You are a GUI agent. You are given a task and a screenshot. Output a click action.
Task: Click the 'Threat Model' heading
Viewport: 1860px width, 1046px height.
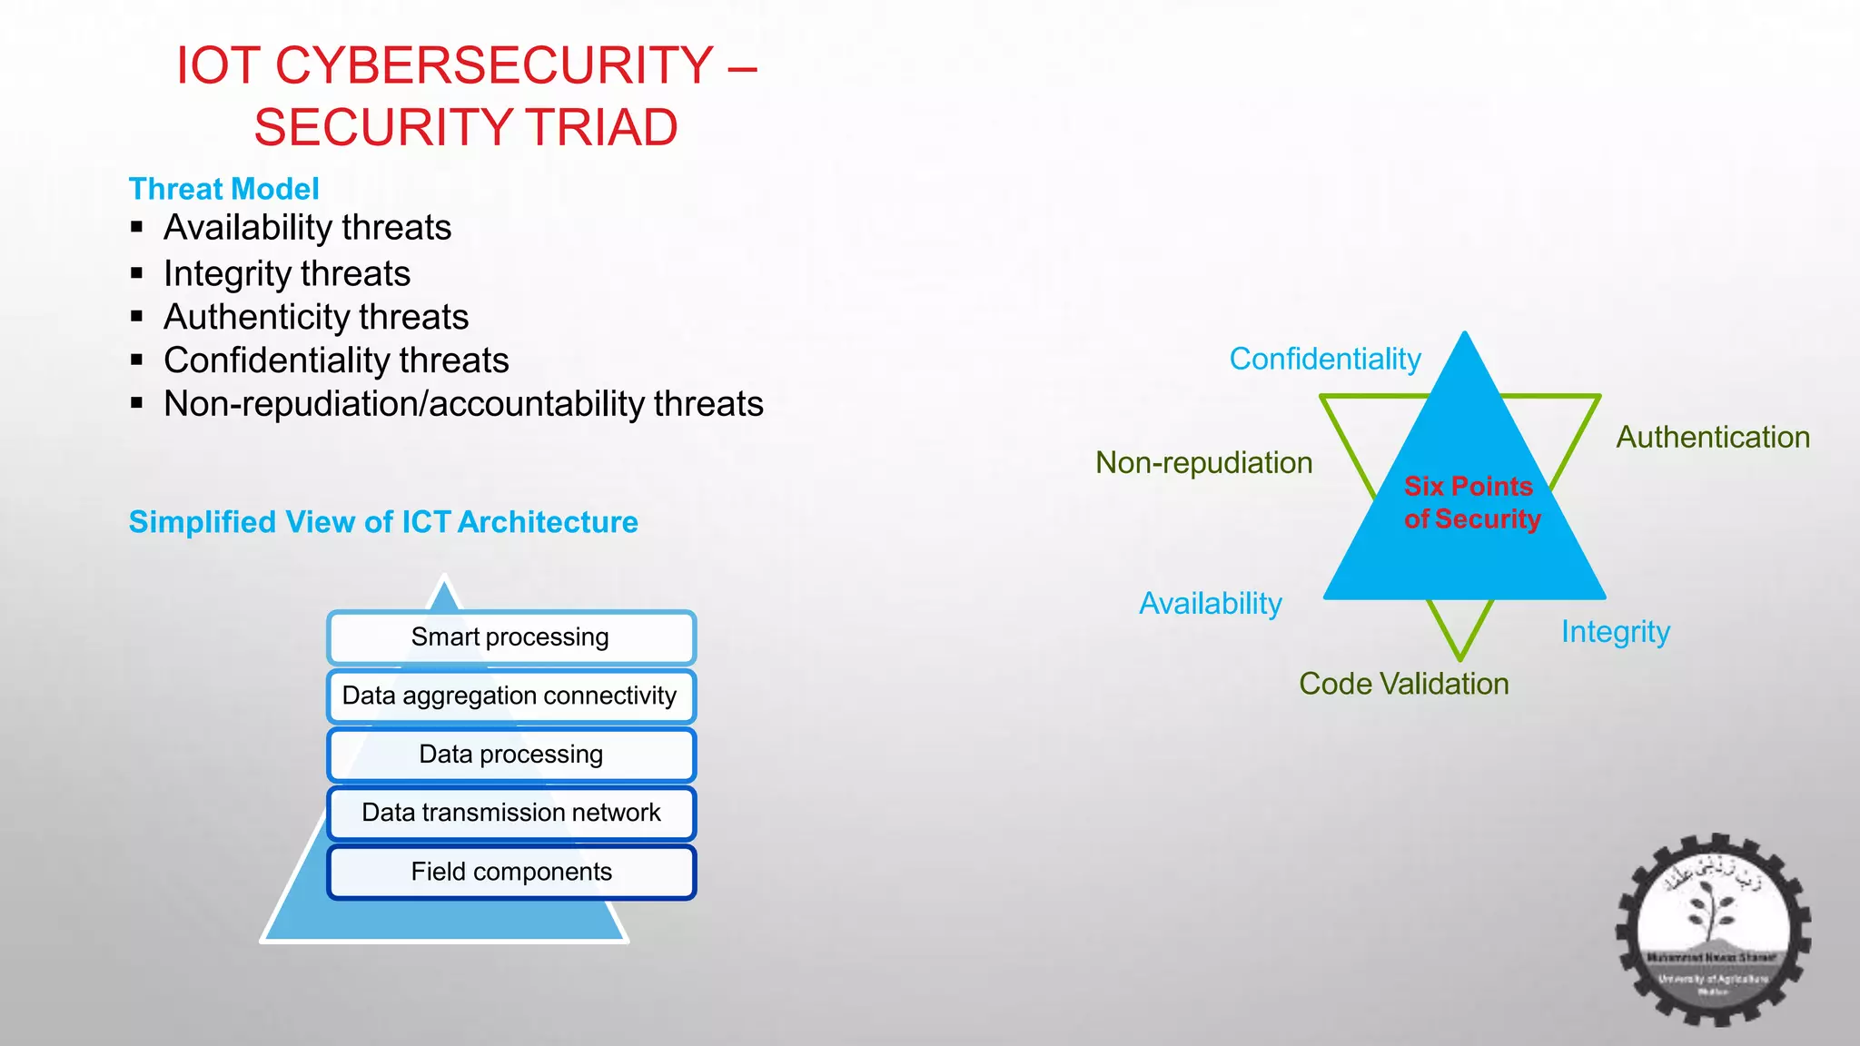click(x=223, y=189)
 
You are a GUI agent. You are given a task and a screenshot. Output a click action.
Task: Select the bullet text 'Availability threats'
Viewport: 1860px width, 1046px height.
click(x=307, y=227)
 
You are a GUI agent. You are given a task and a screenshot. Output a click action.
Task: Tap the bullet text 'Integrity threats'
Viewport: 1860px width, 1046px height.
click(x=287, y=273)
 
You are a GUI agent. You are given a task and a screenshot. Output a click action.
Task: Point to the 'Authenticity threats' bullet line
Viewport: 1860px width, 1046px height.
click(x=316, y=317)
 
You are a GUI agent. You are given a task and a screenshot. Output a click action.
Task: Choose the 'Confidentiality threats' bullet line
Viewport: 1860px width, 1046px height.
click(x=336, y=360)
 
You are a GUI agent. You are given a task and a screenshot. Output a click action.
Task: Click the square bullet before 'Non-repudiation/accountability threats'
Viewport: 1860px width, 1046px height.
click(x=137, y=403)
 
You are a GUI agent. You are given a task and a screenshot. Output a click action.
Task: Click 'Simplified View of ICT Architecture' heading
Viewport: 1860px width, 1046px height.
click(x=382, y=522)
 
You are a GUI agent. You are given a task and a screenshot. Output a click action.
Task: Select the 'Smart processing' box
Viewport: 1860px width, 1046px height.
click(x=510, y=637)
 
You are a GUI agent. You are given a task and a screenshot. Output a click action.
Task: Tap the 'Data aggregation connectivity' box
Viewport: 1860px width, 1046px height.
click(x=510, y=696)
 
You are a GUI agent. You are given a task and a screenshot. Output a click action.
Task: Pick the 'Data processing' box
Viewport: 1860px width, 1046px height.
click(x=510, y=755)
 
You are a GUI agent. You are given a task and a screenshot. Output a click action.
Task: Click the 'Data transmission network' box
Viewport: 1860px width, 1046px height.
click(x=510, y=813)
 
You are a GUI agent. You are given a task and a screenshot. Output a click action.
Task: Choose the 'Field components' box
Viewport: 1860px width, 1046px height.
click(x=510, y=872)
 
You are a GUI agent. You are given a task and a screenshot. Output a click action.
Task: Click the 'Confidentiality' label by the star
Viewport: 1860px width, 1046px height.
click(x=1324, y=360)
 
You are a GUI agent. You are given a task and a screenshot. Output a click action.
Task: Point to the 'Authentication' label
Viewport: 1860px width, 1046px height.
click(x=1712, y=438)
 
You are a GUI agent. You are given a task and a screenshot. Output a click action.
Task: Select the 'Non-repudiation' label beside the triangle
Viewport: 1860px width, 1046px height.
click(x=1203, y=463)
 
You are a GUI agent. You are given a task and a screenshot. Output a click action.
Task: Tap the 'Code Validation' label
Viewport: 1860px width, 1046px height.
click(x=1403, y=684)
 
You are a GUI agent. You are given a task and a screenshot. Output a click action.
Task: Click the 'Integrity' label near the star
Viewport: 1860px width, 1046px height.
click(x=1615, y=632)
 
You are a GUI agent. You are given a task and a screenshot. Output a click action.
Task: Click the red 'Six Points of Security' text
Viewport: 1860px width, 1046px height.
click(x=1471, y=502)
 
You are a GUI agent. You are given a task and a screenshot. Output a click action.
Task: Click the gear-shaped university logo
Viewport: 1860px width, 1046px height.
click(x=1712, y=930)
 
